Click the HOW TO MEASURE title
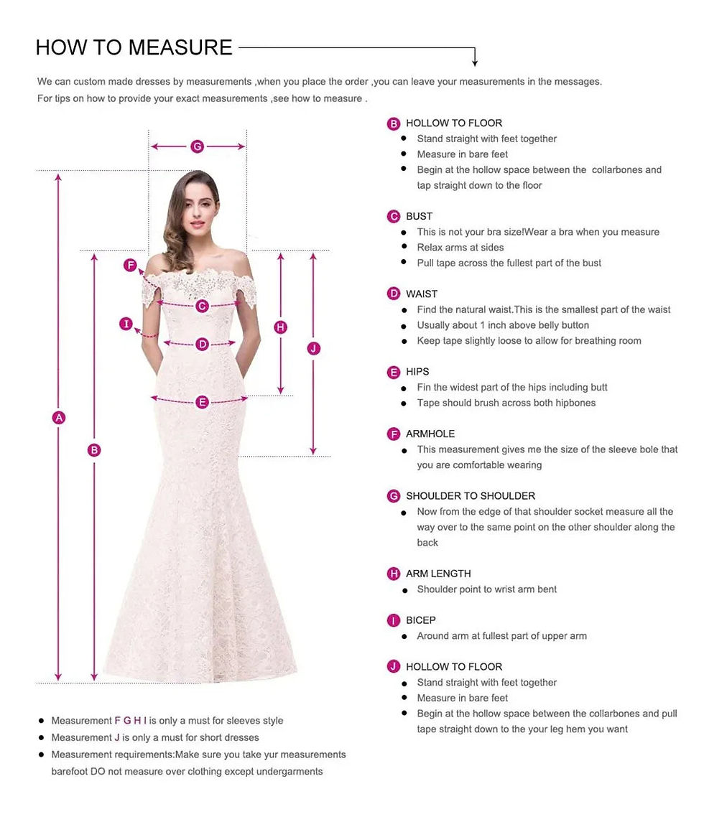[x=134, y=47]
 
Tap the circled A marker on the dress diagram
[x=59, y=417]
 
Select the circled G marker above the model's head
[x=198, y=147]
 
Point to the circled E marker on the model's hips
[x=202, y=402]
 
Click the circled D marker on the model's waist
[x=203, y=345]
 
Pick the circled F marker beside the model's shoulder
[x=131, y=266]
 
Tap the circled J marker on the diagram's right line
[x=313, y=349]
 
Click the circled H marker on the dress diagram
[x=281, y=327]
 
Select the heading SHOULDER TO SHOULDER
[x=471, y=496]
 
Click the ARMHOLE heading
[x=430, y=434]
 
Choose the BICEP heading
[x=421, y=620]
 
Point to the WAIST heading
[x=422, y=294]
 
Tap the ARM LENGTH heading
[x=438, y=574]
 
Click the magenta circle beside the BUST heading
[x=394, y=217]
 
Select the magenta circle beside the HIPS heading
[x=394, y=372]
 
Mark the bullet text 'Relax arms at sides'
[x=460, y=248]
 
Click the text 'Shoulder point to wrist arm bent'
[x=487, y=589]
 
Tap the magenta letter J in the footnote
[x=117, y=737]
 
